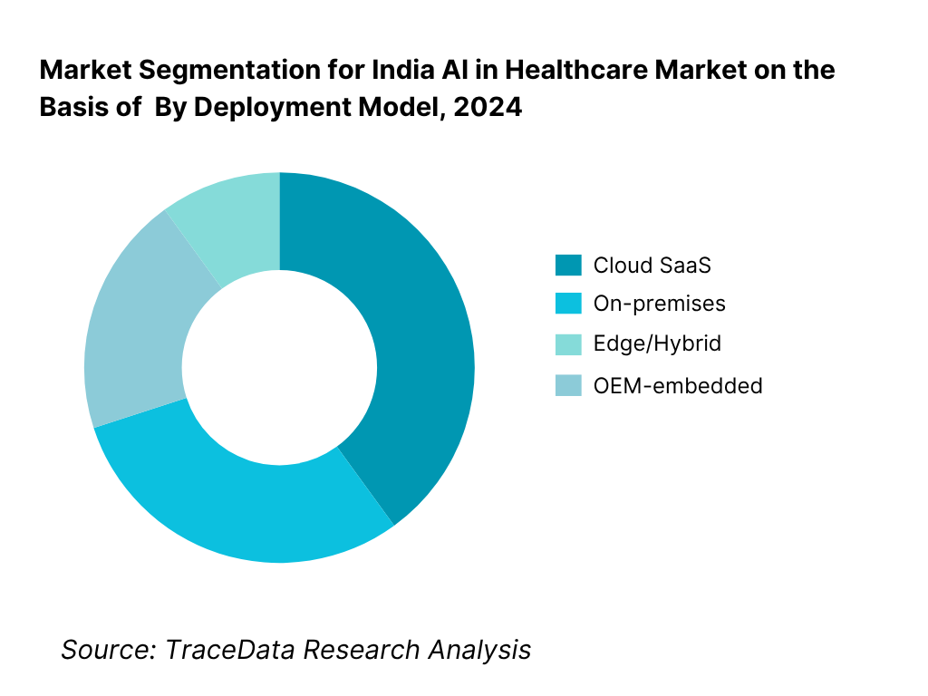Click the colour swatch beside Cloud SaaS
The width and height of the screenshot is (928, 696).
(568, 266)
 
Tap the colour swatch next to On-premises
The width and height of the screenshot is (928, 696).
(568, 304)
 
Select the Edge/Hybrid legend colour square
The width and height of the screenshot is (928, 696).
(568, 344)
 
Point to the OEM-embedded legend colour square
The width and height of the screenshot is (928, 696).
(568, 386)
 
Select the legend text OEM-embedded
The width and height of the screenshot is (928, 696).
(677, 386)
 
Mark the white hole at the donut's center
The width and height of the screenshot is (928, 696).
(279, 367)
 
